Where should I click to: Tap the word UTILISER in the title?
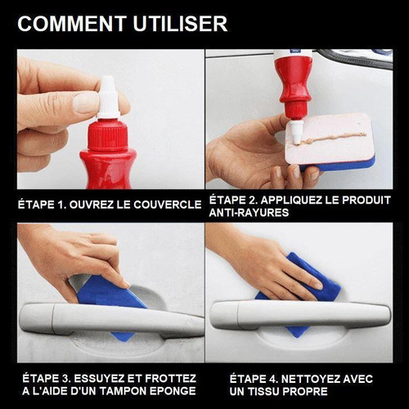point(180,24)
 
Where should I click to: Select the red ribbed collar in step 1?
point(108,134)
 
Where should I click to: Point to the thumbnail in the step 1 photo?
point(85,102)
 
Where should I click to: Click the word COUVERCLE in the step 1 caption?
point(168,204)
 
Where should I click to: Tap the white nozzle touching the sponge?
point(296,132)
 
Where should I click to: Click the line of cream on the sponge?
point(334,138)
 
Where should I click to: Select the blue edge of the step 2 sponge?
point(338,164)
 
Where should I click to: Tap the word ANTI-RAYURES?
point(249,213)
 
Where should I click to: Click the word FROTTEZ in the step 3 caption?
point(170,379)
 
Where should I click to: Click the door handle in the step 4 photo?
point(300,315)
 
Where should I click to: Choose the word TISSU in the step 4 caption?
point(263,392)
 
